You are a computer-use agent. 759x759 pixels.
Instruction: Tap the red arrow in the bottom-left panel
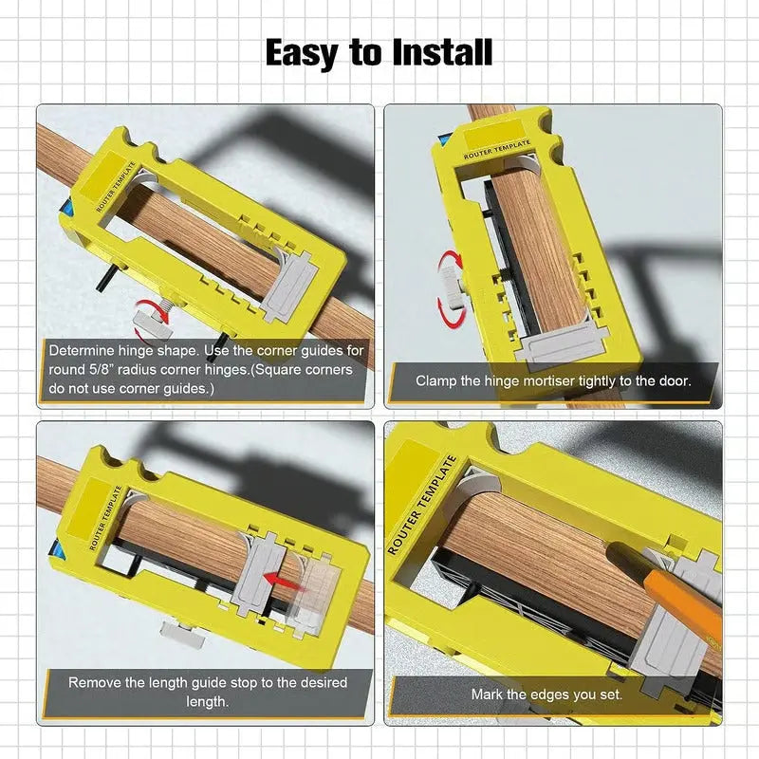point(280,576)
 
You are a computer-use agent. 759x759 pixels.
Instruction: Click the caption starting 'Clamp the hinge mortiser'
point(552,380)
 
